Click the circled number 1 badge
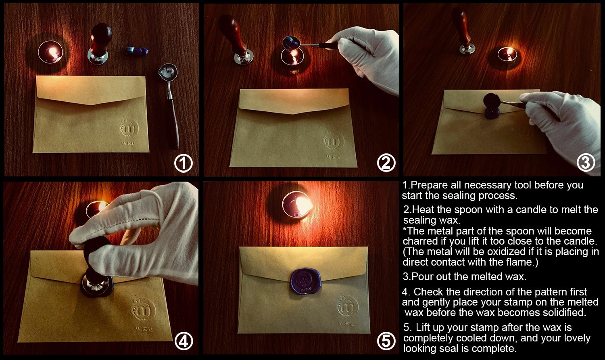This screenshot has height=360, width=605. (x=184, y=163)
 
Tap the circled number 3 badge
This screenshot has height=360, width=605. (x=586, y=163)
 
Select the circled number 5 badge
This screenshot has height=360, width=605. (x=386, y=341)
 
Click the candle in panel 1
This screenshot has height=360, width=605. (x=51, y=53)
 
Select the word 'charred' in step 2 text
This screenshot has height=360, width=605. (x=420, y=241)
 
